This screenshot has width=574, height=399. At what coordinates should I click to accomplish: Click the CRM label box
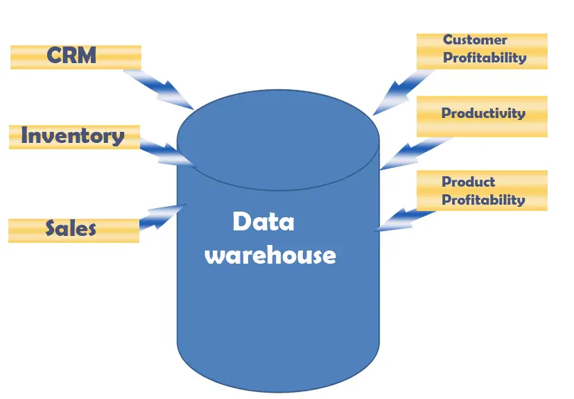tap(76, 57)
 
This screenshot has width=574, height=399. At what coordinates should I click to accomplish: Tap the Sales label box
tap(73, 230)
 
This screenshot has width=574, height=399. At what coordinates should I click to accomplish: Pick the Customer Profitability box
tap(482, 51)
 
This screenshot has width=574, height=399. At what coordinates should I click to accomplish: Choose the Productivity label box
tap(482, 115)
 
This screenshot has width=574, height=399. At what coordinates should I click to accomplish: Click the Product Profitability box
tap(482, 191)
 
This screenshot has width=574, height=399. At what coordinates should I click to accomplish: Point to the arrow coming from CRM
tap(160, 86)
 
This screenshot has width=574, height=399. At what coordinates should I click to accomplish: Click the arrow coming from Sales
tap(162, 214)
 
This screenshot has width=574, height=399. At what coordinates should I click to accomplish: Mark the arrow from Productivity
tap(410, 153)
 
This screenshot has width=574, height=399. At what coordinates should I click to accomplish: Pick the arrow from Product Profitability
tap(406, 218)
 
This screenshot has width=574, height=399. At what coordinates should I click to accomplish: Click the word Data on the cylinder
tap(263, 222)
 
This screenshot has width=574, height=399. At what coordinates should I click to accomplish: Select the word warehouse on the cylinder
tap(270, 255)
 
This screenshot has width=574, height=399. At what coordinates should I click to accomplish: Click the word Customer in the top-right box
tap(475, 40)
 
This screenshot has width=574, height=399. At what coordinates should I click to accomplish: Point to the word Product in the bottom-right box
tap(469, 182)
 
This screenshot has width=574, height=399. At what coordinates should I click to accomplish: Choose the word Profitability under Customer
tap(485, 58)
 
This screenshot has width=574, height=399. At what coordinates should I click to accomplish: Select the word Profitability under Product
tap(483, 200)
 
